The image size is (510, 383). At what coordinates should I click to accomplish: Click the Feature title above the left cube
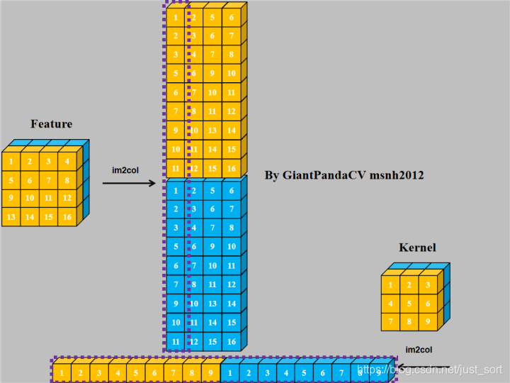[51, 124]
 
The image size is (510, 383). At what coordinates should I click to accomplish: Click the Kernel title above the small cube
[417, 248]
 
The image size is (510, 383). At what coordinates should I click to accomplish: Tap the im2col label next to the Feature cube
[125, 170]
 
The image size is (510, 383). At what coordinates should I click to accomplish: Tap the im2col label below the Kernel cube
[419, 349]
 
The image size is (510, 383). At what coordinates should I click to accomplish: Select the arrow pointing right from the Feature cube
[129, 184]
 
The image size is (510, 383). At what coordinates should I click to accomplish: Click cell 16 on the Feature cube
[67, 216]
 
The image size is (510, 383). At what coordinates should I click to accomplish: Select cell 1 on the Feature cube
[11, 161]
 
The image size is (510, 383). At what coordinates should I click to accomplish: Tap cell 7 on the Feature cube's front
[48, 179]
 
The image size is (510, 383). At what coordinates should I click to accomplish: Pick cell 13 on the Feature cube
[11, 216]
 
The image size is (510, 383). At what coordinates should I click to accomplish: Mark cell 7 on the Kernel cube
[389, 322]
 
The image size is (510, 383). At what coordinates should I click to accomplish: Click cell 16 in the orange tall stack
[232, 169]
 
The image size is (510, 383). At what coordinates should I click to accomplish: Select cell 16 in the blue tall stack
[232, 342]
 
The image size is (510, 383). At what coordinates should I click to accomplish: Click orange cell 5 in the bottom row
[135, 372]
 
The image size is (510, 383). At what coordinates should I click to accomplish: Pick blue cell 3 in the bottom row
[267, 372]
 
